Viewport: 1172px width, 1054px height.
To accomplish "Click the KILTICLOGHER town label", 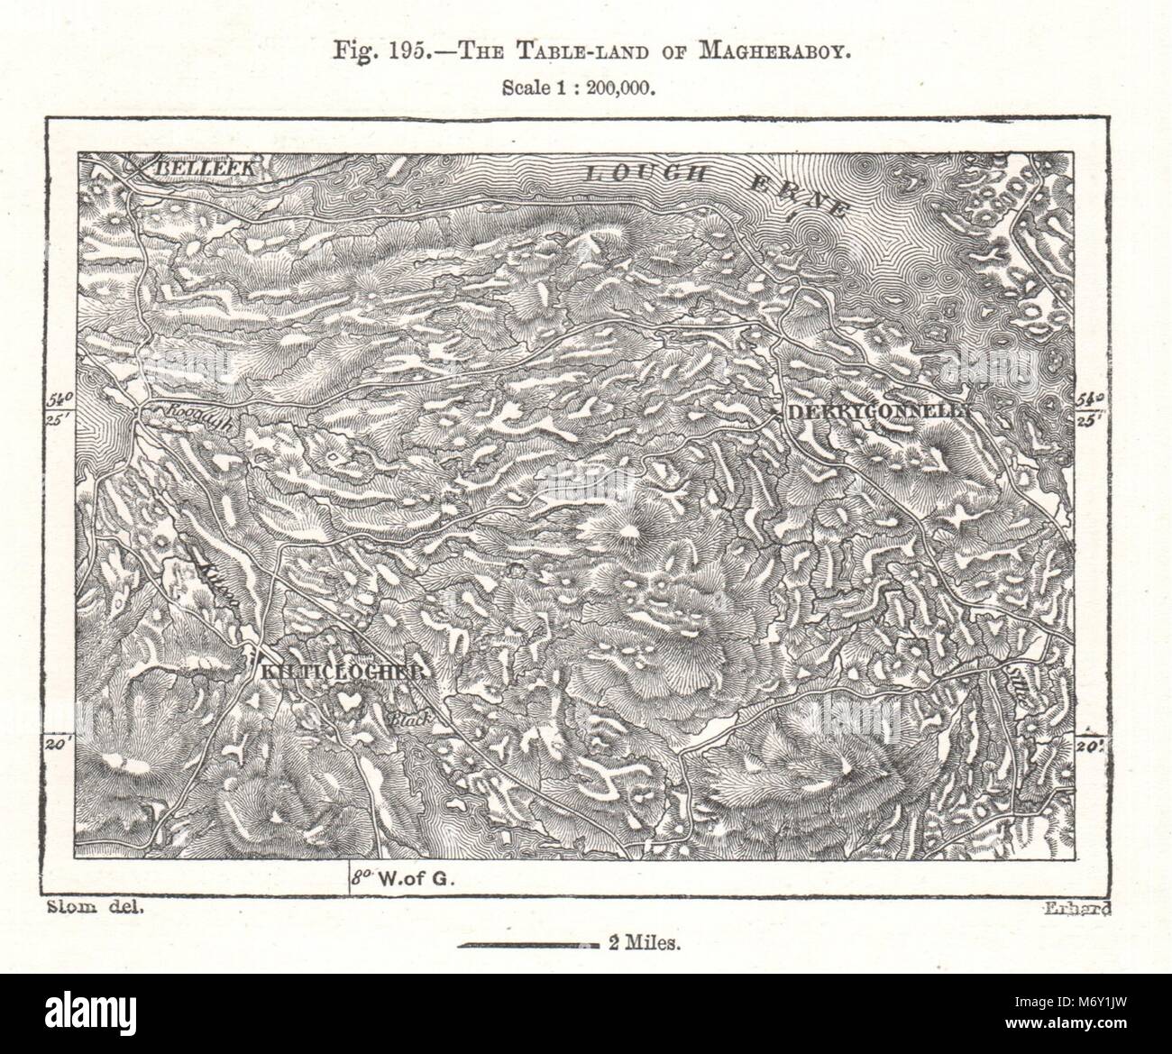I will [341, 673].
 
